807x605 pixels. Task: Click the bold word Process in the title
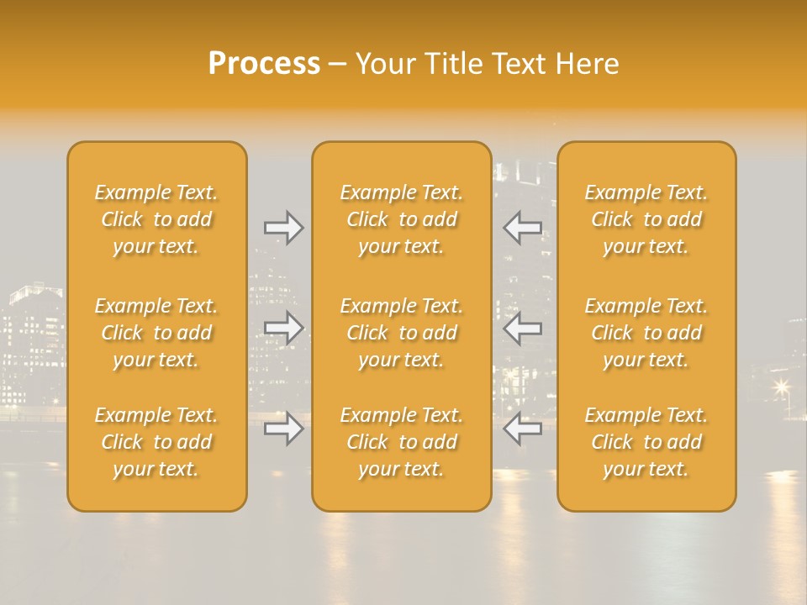[x=264, y=64]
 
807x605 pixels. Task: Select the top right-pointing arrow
[x=283, y=228]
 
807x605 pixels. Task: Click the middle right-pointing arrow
[x=283, y=328]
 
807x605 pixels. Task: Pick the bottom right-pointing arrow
[x=283, y=429]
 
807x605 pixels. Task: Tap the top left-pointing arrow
[x=523, y=228]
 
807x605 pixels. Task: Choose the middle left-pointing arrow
[x=523, y=328]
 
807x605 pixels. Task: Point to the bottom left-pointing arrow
[x=523, y=429]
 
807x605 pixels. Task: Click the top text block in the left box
[x=156, y=219]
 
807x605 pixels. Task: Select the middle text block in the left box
[x=156, y=333]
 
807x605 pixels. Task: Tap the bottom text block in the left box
[x=156, y=442]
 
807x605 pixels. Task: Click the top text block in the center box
[x=401, y=219]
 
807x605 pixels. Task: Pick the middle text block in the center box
[x=401, y=333]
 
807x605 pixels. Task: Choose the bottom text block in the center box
[x=401, y=442]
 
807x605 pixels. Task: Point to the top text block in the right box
[x=646, y=219]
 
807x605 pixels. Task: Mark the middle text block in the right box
[x=646, y=333]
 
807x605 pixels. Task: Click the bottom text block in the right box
[x=646, y=442]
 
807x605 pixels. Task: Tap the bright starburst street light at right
[x=782, y=386]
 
